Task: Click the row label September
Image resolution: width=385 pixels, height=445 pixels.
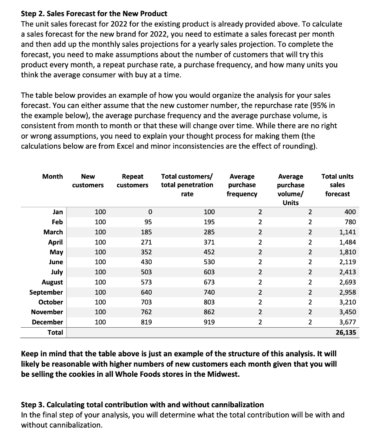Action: [x=46, y=292]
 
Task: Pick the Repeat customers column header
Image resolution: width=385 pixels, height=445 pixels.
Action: [x=133, y=181]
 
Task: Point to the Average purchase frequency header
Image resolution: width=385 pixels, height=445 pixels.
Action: [x=242, y=185]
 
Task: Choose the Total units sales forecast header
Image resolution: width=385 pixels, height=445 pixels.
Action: [x=337, y=185]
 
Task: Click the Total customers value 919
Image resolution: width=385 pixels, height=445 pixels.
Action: [x=209, y=322]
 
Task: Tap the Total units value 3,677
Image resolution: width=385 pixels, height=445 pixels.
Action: [x=347, y=322]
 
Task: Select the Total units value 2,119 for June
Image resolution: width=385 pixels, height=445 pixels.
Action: [x=347, y=262]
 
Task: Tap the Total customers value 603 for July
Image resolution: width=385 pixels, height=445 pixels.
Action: [x=209, y=272]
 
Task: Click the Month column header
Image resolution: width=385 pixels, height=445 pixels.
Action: [x=52, y=176]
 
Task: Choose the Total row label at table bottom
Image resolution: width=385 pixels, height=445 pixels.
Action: [x=55, y=332]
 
